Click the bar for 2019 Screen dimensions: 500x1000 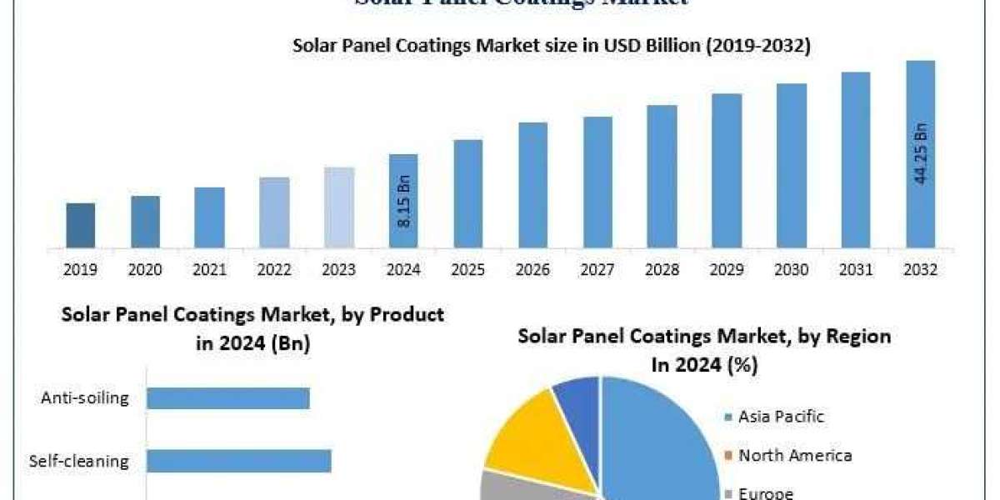tap(81, 225)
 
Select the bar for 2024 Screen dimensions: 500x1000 tap(403, 201)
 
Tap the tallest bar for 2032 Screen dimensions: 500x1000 tap(920, 154)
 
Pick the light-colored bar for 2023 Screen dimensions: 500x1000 tap(339, 207)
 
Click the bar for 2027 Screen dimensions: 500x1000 tap(597, 182)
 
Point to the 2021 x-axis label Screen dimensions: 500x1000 tap(210, 270)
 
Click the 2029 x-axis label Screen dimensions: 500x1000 tap(727, 270)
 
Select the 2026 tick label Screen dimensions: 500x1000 tap(532, 270)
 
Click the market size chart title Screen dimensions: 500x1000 tap(551, 46)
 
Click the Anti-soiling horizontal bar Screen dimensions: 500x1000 tap(228, 398)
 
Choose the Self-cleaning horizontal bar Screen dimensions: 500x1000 tap(239, 461)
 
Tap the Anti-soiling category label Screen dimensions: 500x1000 tap(85, 397)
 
